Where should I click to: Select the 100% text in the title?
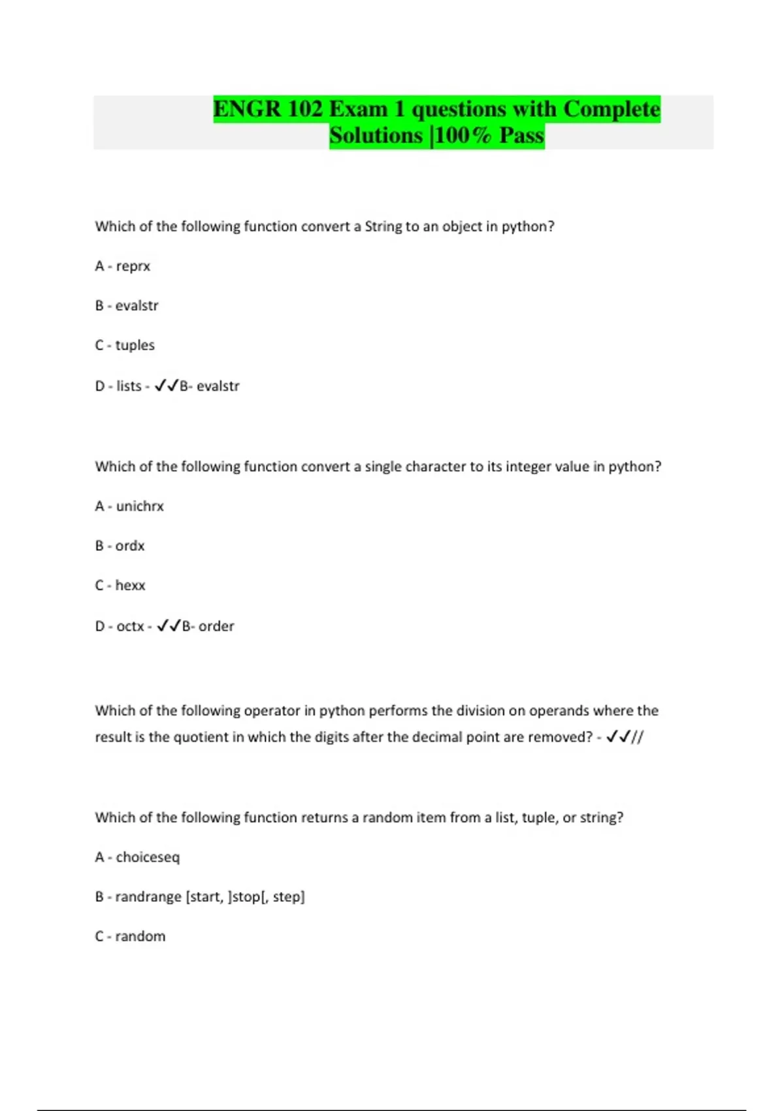tap(463, 136)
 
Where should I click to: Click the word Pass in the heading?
tap(521, 136)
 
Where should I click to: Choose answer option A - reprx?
tap(123, 266)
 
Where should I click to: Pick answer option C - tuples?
tap(125, 345)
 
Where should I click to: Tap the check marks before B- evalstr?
tap(167, 386)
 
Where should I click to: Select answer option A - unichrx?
tap(129, 506)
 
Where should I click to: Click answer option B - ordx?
tap(120, 546)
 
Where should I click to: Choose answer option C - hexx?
tap(120, 585)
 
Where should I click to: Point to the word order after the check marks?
tap(216, 626)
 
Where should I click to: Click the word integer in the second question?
tap(510, 467)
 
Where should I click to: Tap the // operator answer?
tap(637, 737)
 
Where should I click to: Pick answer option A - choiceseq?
tap(137, 857)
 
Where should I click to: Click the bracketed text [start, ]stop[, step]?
tap(246, 897)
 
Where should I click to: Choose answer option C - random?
tap(130, 937)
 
